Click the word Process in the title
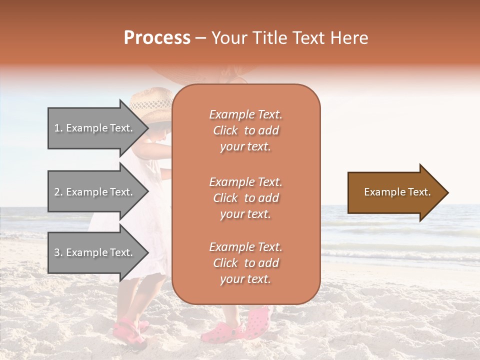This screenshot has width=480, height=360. tap(157, 38)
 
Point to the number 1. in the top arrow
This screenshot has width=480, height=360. tap(58, 128)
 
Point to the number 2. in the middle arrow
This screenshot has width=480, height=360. tap(58, 192)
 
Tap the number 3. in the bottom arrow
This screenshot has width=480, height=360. tap(58, 252)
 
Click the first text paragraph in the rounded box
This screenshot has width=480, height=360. tap(245, 130)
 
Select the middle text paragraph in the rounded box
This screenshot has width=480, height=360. tap(245, 198)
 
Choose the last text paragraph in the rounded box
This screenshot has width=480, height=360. tap(245, 263)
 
